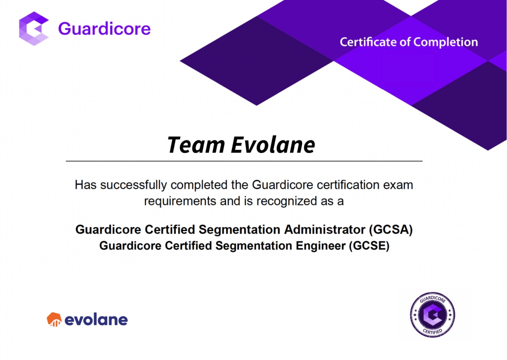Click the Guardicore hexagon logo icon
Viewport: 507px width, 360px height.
click(34, 29)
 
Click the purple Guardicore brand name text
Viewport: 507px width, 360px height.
click(104, 29)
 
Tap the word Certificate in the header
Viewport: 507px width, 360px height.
click(368, 42)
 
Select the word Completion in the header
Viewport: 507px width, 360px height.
click(446, 42)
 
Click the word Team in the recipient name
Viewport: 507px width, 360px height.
click(196, 145)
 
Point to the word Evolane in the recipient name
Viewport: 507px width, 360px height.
click(273, 145)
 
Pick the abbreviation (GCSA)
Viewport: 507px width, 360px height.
click(391, 230)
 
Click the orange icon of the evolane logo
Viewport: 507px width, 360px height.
click(54, 319)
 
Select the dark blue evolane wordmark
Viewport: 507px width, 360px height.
click(96, 320)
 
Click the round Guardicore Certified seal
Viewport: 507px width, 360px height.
click(432, 315)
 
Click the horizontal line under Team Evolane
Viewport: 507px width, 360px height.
click(244, 161)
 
